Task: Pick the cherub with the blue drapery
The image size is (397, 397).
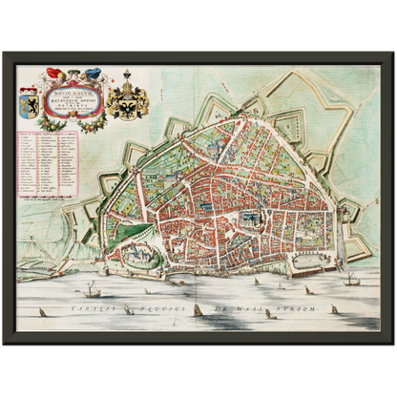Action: click(x=93, y=73)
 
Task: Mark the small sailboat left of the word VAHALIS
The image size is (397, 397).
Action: click(x=42, y=311)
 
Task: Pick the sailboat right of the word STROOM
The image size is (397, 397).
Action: click(x=333, y=308)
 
